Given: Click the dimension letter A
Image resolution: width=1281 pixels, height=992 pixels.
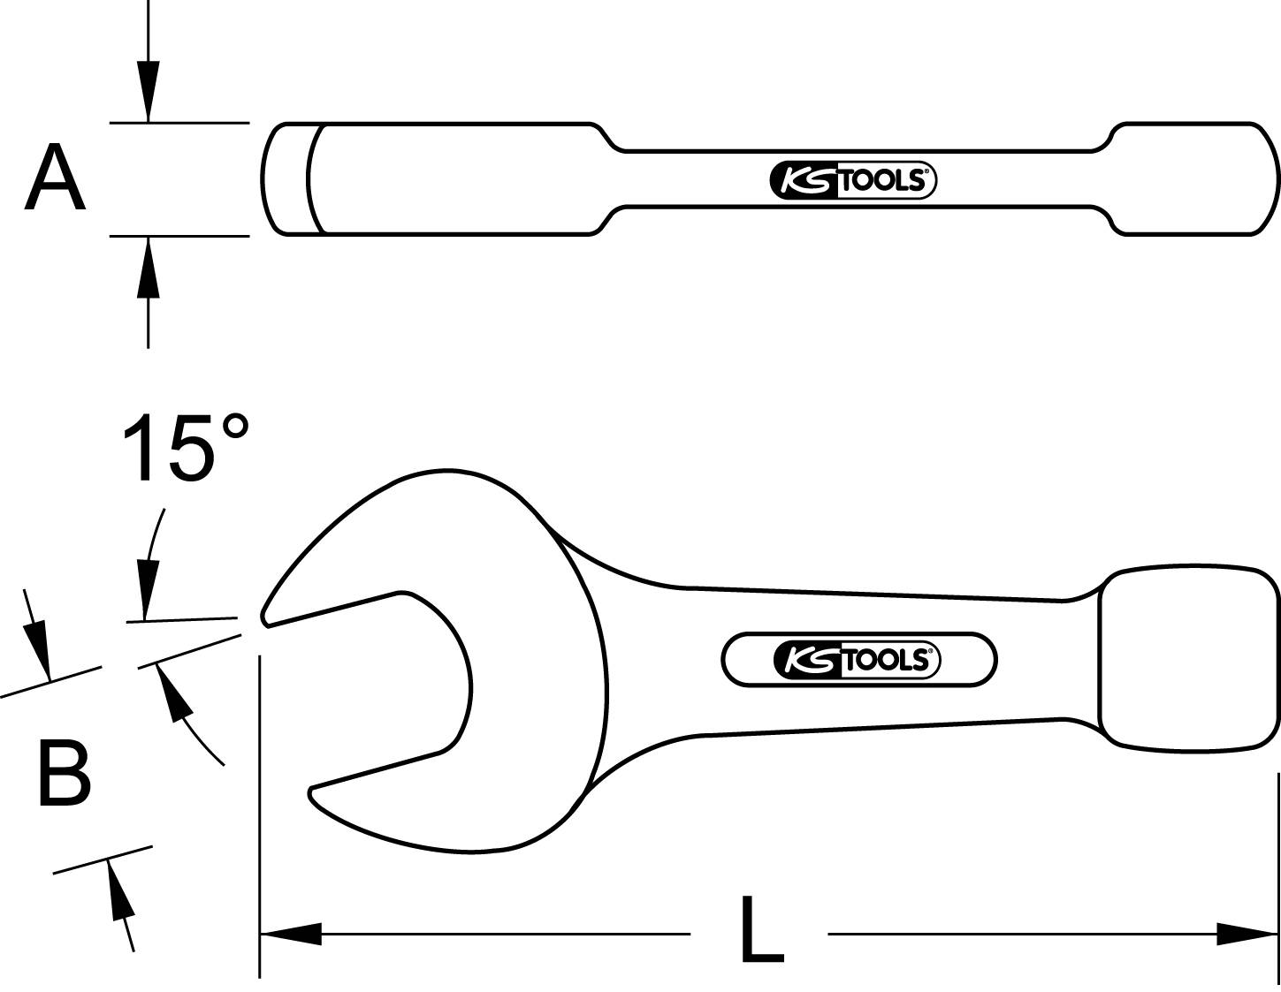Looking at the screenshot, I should point(55,178).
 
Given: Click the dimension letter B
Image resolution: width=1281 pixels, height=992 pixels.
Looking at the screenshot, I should point(64,775).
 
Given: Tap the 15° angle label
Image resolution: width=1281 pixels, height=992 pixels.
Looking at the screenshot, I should point(185,448).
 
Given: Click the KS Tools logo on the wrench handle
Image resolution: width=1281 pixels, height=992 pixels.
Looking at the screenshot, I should point(858,659).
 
